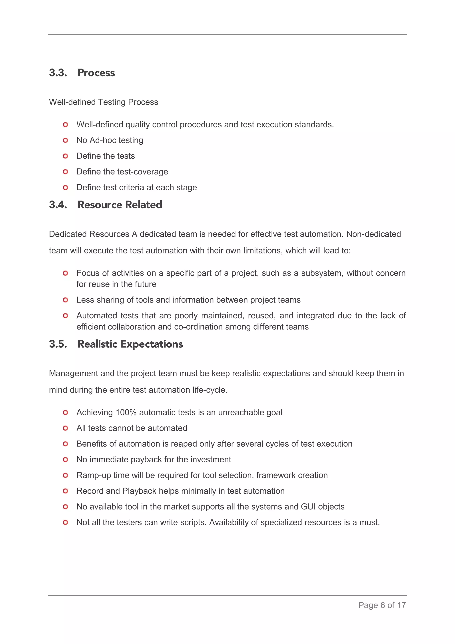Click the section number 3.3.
pyautogui.click(x=58, y=73)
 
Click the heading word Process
pyautogui.click(x=96, y=73)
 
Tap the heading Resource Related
pyautogui.click(x=120, y=205)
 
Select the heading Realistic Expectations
pyautogui.click(x=130, y=344)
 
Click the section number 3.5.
pyautogui.click(x=58, y=344)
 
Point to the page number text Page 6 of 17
pyautogui.click(x=382, y=605)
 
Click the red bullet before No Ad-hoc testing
pyautogui.click(x=65, y=140)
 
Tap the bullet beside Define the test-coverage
pyautogui.click(x=65, y=172)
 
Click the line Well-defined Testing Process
pyautogui.click(x=104, y=102)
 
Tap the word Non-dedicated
pyautogui.click(x=373, y=234)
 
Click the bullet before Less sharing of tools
pyautogui.click(x=65, y=300)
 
